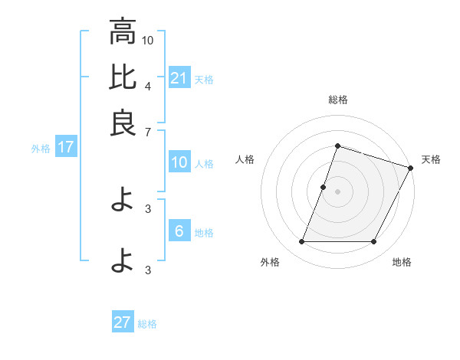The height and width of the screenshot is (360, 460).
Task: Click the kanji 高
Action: pos(123,32)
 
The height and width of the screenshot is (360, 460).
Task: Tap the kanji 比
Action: pos(123,77)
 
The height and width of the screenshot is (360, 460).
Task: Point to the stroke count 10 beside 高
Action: pos(148,40)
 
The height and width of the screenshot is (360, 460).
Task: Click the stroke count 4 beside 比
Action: pos(148,86)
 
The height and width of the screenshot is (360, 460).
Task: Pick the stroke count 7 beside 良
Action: pos(148,132)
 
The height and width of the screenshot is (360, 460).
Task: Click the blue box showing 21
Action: pos(179,78)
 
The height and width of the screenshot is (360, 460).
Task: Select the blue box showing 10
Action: pos(179,162)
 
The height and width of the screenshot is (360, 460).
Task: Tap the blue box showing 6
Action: pos(179,231)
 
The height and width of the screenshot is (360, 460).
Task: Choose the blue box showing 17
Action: pos(65,147)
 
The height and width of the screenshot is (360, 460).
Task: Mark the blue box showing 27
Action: pos(123,322)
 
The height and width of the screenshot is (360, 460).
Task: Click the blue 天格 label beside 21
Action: pos(204,80)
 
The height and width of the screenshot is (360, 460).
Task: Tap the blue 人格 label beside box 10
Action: pos(204,163)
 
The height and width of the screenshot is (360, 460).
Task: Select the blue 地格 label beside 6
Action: pos(204,233)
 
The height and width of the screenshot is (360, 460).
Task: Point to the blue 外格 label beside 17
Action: pos(41,149)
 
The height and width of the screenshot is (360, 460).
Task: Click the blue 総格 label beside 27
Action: pos(147,324)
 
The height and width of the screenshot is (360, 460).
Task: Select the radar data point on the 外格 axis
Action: pos(301,242)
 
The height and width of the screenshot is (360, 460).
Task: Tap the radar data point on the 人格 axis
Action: pos(323,187)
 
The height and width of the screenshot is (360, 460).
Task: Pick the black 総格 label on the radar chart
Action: pos(337,100)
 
